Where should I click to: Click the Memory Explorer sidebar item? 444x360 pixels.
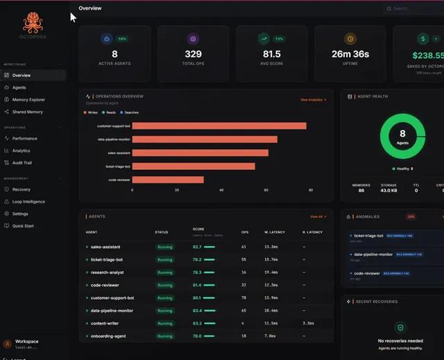click(28, 100)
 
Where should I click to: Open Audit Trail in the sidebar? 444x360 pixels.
click(22, 163)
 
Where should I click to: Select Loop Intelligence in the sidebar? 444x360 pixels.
click(28, 202)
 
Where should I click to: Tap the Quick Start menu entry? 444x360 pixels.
click(23, 225)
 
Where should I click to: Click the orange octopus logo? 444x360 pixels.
click(33, 24)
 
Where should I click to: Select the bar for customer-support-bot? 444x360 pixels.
click(219, 126)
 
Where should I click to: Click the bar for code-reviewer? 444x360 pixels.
click(168, 180)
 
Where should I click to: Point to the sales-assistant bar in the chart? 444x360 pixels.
click(200, 153)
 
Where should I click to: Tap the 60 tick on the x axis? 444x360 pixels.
click(266, 189)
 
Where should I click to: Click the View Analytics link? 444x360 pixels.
click(313, 100)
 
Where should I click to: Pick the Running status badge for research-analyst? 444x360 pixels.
click(164, 273)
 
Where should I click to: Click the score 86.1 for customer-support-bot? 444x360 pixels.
click(197, 298)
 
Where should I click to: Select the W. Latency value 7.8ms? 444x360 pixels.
click(271, 336)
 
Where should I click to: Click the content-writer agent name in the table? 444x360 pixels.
click(107, 323)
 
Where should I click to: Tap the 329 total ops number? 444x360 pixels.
click(193, 54)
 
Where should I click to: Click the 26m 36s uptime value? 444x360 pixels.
click(350, 54)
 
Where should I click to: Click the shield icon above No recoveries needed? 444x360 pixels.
click(400, 327)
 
